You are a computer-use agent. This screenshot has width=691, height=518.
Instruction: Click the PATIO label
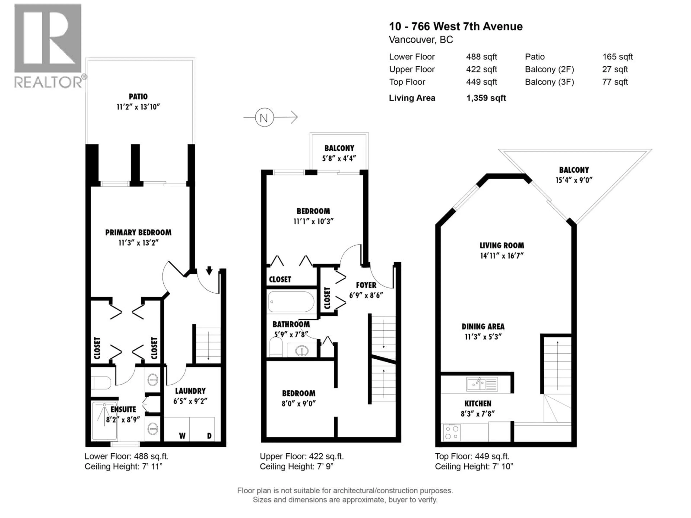coord(138,96)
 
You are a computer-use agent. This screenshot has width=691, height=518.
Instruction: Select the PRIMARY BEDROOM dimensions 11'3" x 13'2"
coord(138,243)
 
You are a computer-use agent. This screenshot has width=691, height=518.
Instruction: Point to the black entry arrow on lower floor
coord(209,270)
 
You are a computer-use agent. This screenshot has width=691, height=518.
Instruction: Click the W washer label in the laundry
coord(182,436)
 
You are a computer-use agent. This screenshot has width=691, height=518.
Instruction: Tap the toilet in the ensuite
coord(101,383)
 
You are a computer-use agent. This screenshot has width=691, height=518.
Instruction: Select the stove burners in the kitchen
coord(451,432)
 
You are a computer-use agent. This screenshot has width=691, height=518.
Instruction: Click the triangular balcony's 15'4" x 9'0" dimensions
coord(574,180)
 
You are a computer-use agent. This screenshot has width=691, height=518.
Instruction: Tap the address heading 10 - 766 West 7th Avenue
coord(455,27)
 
